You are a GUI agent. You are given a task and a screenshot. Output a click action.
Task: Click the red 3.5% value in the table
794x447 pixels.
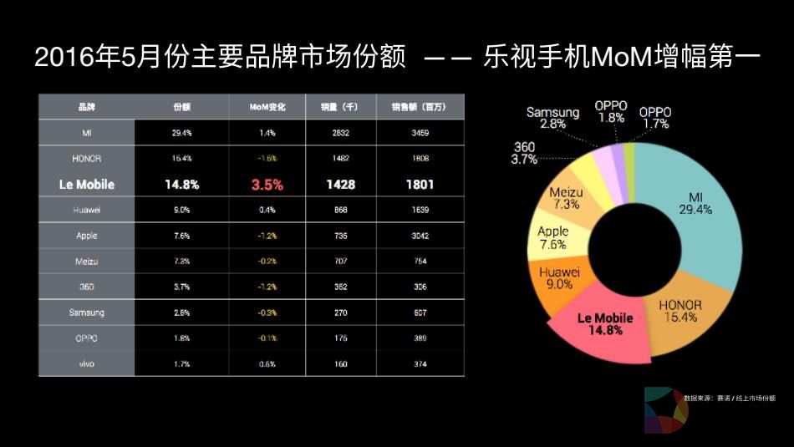pyautogui.click(x=267, y=185)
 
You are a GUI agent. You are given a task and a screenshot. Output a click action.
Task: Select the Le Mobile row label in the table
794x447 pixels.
pyautogui.click(x=87, y=185)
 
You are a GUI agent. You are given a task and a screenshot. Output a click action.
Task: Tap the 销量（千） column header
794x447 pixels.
pyautogui.click(x=339, y=108)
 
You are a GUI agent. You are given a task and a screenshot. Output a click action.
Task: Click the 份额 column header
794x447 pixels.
pyautogui.click(x=181, y=108)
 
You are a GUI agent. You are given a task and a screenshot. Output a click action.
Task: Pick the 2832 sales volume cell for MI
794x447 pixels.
pyautogui.click(x=339, y=133)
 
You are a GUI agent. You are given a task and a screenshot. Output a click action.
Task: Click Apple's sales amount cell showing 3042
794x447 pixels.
pyautogui.click(x=420, y=236)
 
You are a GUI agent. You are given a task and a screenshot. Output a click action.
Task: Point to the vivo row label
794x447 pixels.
pyautogui.click(x=87, y=363)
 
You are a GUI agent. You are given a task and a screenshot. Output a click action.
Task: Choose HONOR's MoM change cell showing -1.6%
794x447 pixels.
pyautogui.click(x=267, y=158)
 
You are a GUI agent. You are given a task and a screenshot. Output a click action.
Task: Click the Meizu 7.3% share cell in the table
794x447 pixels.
pyautogui.click(x=181, y=262)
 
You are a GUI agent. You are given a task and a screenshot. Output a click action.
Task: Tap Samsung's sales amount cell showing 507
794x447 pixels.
pyautogui.click(x=420, y=313)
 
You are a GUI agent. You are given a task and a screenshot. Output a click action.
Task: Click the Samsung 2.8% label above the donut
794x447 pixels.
pyautogui.click(x=552, y=118)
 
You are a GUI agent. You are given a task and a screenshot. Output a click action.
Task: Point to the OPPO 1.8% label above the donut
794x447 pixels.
pyautogui.click(x=610, y=112)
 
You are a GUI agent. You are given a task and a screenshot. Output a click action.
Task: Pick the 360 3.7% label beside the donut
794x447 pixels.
pyautogui.click(x=526, y=153)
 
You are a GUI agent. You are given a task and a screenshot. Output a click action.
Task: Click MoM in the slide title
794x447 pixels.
pyautogui.click(x=616, y=58)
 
